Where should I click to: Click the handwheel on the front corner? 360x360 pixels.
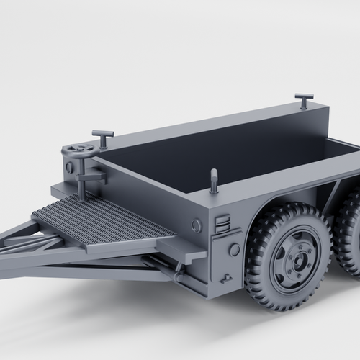point(79,150)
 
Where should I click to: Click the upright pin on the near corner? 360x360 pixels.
point(214,181)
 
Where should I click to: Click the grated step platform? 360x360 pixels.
point(101,220)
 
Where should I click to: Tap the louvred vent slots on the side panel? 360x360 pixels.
point(223,223)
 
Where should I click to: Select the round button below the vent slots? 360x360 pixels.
point(234,250)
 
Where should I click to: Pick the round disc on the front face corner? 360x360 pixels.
point(196,225)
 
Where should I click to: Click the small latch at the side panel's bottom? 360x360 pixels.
point(227,277)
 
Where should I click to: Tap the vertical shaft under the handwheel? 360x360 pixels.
point(81,180)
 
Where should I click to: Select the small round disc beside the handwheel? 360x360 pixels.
point(69,167)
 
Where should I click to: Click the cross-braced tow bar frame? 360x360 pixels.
point(29,245)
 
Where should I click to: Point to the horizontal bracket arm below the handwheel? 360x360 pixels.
point(92,175)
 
